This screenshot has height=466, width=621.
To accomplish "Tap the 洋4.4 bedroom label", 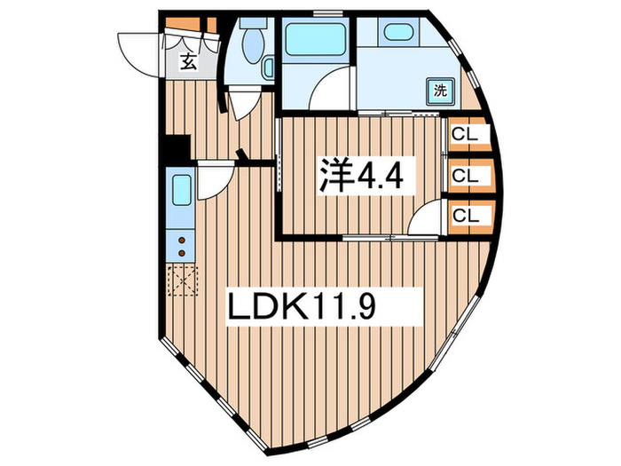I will click(362, 178).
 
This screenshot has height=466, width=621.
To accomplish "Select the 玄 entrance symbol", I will click(188, 61).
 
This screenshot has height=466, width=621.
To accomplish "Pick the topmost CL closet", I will click(465, 134).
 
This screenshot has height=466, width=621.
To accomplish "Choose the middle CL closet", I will click(465, 175).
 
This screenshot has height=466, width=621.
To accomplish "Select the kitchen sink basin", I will click(179, 191).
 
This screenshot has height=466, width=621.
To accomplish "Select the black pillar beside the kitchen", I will click(177, 147).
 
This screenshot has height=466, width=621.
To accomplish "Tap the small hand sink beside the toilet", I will click(271, 67).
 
